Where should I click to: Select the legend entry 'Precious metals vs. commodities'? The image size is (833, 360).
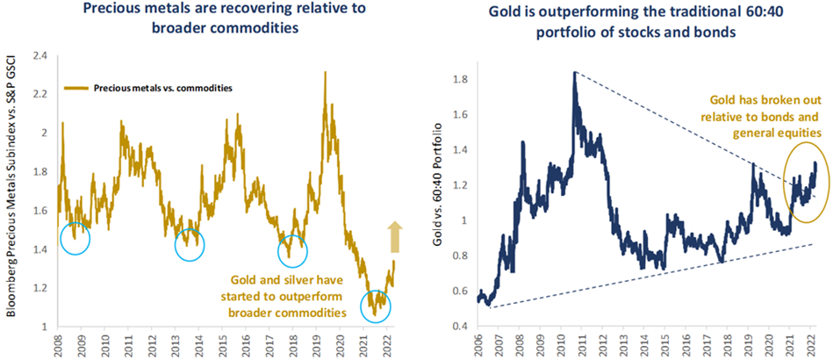click(149, 88)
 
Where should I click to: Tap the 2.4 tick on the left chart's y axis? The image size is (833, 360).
click(39, 55)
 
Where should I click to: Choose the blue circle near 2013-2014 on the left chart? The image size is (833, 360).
click(189, 245)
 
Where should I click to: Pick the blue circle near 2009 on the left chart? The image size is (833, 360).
click(76, 238)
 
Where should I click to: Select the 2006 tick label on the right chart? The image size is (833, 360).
click(480, 343)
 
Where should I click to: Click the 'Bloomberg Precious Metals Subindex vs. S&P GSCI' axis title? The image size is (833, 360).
click(12, 188)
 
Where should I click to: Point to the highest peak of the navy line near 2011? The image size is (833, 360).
click(574, 73)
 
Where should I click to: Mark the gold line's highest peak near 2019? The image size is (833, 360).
click(326, 73)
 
